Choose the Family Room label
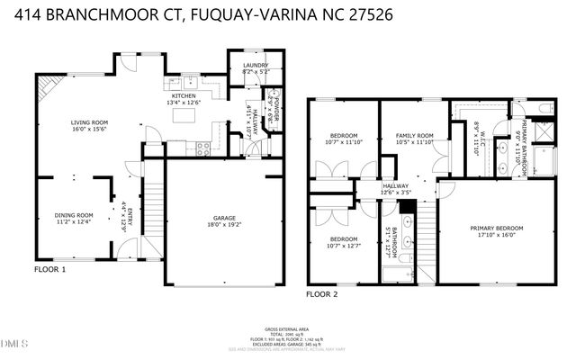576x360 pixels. [415, 136]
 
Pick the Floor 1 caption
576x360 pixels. [49, 269]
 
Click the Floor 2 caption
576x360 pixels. [321, 294]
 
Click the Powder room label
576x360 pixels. [275, 108]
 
